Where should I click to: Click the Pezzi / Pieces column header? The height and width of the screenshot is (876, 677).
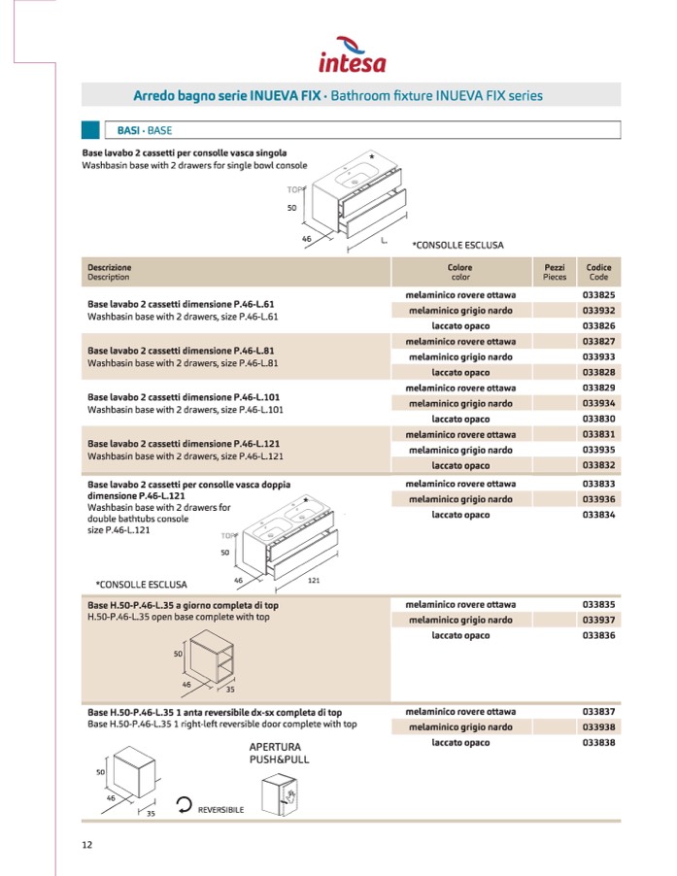555,271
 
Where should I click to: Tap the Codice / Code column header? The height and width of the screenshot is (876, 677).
599,271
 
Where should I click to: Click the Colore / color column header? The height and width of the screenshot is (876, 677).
460,271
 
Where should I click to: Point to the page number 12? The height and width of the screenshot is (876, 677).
87,844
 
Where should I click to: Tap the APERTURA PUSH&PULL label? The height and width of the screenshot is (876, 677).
280,753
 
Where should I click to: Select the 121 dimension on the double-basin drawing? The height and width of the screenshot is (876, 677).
314,580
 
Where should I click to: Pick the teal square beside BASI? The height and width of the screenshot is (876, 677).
90,129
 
